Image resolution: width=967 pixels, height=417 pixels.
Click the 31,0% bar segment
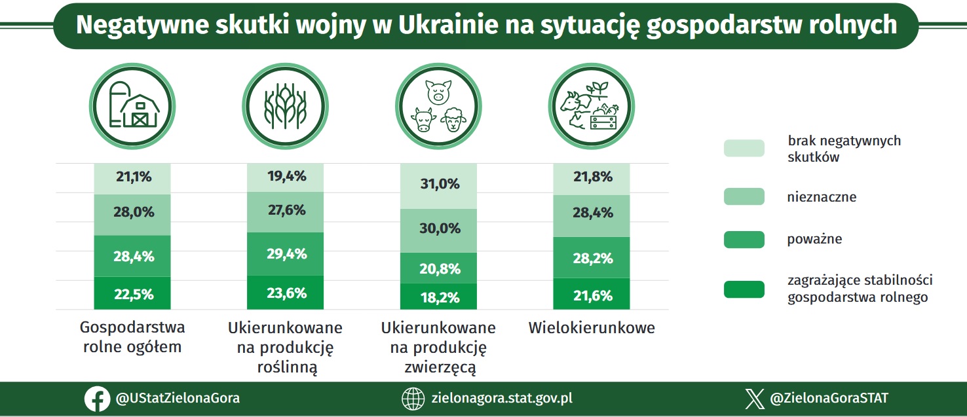438,187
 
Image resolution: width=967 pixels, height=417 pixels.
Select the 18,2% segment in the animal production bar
438,297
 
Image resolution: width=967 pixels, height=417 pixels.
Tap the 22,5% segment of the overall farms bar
132,293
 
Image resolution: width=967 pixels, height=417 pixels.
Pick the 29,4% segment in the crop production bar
285,254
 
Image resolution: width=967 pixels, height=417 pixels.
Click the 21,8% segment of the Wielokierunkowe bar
592,179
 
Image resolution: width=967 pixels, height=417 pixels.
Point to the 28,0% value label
134,211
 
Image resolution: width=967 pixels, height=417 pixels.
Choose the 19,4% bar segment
285,177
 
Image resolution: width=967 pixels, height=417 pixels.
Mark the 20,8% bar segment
438,268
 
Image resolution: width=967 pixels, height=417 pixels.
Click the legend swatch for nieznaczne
744,196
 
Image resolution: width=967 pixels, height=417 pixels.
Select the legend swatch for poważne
744,240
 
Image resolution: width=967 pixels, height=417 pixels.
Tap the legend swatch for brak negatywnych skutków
744,148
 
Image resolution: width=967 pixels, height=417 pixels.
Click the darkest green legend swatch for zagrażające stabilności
744,289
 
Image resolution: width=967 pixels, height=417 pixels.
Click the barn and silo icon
133,105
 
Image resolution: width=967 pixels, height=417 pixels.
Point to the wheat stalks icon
286,107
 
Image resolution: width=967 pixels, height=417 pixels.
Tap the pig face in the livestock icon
438,92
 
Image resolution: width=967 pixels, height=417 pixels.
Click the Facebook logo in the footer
97,399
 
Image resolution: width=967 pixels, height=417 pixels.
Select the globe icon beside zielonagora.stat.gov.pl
413,399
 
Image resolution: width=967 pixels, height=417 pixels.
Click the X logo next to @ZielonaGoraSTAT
755,399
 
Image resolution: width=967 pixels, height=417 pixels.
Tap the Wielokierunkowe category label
592,328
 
